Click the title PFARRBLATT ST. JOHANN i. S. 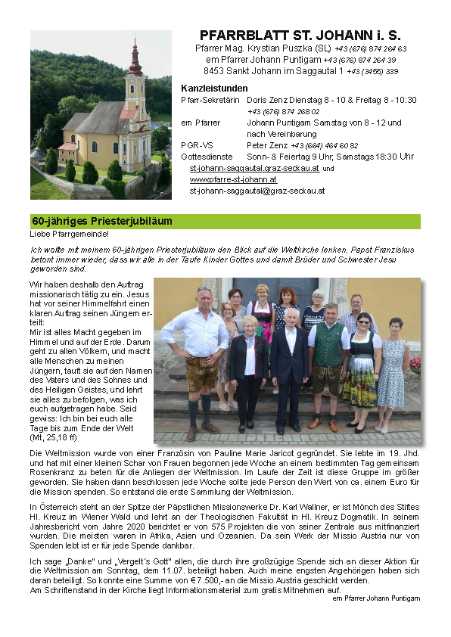click(x=300, y=36)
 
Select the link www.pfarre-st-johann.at click(x=233, y=179)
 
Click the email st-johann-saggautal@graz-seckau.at click(x=257, y=191)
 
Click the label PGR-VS click(x=196, y=145)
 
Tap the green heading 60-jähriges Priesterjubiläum click(x=101, y=222)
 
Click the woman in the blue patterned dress click(x=393, y=371)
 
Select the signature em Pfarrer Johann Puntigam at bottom click(x=375, y=598)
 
